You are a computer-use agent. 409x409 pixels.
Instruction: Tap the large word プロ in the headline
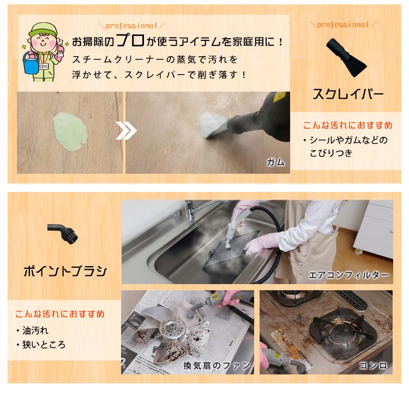coord(133,41)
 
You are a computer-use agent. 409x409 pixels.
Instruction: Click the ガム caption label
coord(275,162)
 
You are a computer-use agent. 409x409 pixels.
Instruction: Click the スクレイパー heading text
coord(347,94)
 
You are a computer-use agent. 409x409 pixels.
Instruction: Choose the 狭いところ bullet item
coord(44,345)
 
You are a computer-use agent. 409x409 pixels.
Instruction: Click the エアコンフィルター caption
coord(349,275)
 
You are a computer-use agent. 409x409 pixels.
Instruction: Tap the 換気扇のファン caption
coord(216,365)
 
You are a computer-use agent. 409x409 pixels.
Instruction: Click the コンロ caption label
coord(374,365)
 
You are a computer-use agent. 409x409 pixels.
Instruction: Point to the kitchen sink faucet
coord(190,210)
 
